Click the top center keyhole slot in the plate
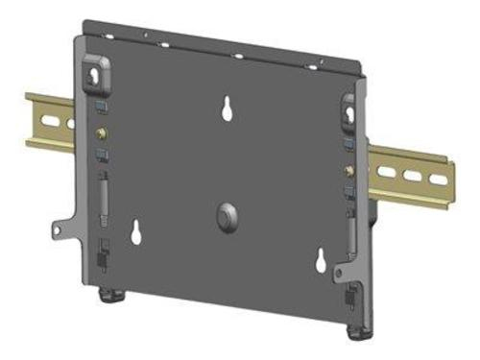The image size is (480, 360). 228,108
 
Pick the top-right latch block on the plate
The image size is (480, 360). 350,109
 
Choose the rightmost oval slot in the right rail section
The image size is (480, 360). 437,180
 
